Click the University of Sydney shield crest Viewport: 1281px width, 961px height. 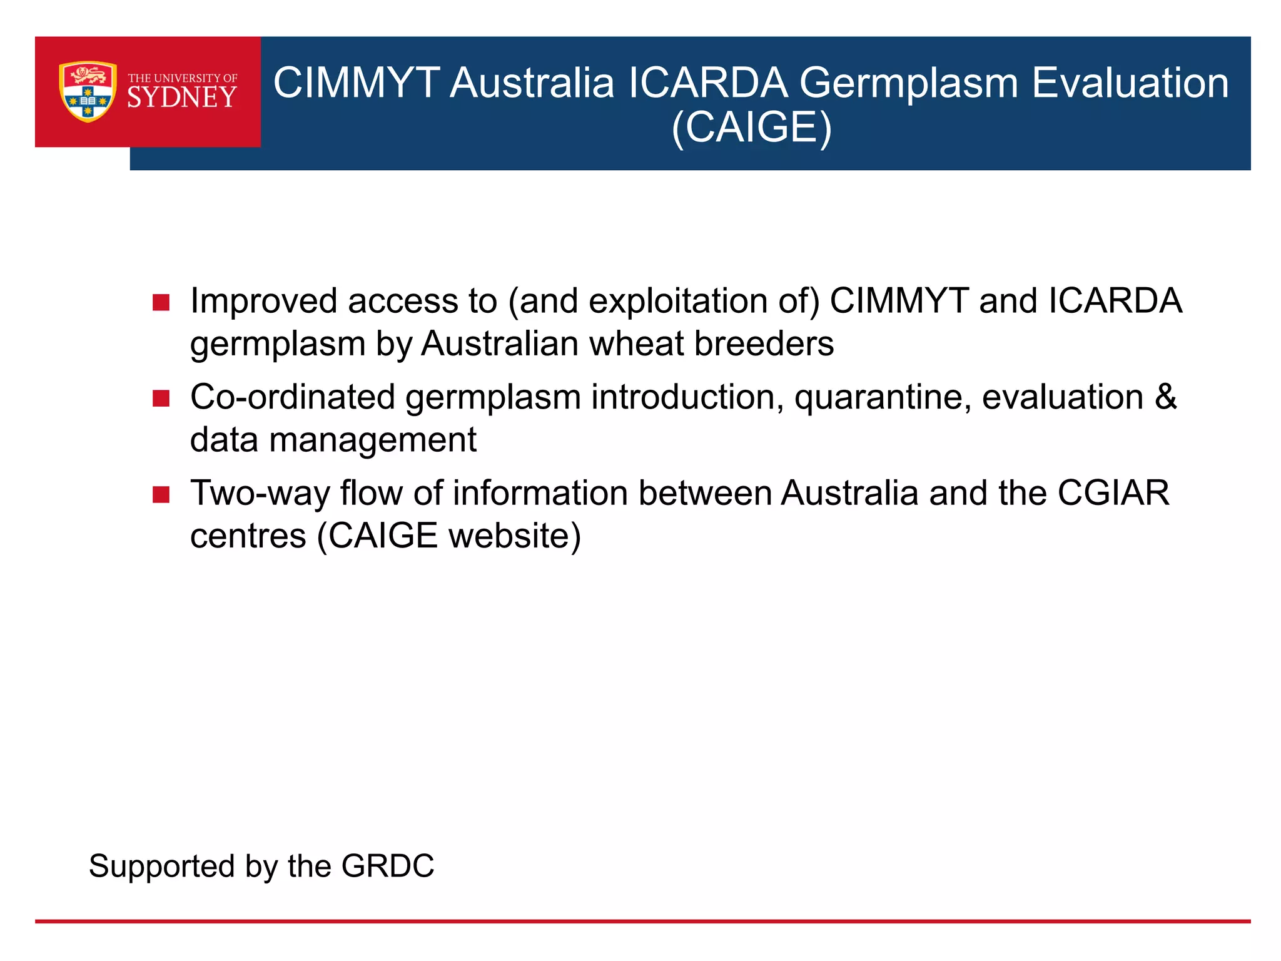point(88,91)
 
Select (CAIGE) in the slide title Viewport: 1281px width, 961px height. point(751,128)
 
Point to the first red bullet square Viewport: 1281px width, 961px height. point(161,303)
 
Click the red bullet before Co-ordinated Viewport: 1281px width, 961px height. point(161,399)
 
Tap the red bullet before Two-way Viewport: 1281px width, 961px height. point(161,495)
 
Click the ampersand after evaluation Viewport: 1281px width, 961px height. point(1165,397)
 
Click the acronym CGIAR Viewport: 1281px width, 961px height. point(1113,493)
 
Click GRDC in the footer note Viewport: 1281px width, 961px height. point(387,867)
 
